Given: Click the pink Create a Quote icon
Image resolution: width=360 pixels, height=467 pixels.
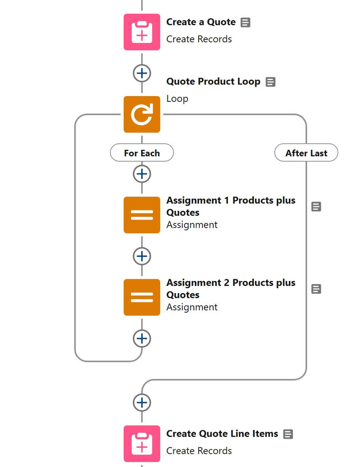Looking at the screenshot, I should [142, 32].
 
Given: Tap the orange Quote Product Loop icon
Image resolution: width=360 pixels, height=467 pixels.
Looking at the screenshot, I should [142, 114].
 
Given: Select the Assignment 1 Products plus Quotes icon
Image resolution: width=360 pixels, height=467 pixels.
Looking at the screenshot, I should [142, 215].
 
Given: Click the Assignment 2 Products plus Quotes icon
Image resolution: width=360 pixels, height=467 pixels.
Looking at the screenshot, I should [142, 297].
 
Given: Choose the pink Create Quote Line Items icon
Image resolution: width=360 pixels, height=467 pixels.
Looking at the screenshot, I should [142, 443].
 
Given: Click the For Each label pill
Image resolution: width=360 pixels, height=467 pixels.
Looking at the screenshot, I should [142, 153].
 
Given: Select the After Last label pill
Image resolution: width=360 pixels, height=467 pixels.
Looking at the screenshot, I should [306, 153].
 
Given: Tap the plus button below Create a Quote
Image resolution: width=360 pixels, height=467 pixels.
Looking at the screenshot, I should [142, 73].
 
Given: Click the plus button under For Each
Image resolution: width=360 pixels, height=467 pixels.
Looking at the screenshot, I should [142, 173].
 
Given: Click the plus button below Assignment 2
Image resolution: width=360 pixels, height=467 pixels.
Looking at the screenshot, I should [142, 338].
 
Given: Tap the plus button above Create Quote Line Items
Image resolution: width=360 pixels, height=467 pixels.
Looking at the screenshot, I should [142, 403].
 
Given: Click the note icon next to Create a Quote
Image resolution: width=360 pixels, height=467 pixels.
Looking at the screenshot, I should [245, 22].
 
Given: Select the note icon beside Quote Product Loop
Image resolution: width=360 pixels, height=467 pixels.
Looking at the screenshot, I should [270, 82].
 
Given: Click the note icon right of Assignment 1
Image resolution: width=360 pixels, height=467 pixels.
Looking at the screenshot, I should [316, 206].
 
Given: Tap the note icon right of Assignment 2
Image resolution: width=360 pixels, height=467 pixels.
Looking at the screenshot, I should [316, 289].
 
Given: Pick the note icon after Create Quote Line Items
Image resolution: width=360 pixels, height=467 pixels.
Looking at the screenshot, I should [288, 434].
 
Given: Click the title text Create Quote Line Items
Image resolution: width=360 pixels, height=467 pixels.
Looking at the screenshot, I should [222, 434].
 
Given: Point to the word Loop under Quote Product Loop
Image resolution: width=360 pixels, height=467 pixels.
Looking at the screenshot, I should [177, 99].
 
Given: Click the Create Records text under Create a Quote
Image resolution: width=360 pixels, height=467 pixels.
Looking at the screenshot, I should [199, 39].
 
